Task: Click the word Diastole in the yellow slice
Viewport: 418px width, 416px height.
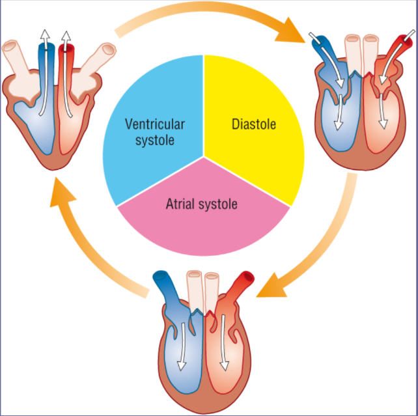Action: click(254, 123)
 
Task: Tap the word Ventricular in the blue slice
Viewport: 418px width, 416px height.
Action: click(156, 123)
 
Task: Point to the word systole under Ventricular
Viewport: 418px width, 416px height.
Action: click(156, 139)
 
